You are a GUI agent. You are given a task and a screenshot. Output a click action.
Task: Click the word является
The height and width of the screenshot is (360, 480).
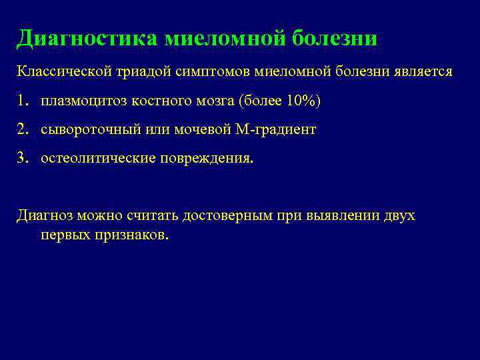(x=424, y=71)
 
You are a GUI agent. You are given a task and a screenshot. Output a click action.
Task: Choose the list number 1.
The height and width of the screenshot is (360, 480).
(x=23, y=101)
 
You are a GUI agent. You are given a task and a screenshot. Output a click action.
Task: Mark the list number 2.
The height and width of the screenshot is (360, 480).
(x=23, y=130)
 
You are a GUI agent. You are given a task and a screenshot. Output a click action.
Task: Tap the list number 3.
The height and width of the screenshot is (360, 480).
(x=23, y=159)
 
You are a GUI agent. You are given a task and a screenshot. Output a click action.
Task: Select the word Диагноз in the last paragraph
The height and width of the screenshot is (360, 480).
(x=43, y=216)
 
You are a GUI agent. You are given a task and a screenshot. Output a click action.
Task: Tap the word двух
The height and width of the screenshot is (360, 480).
(x=399, y=216)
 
